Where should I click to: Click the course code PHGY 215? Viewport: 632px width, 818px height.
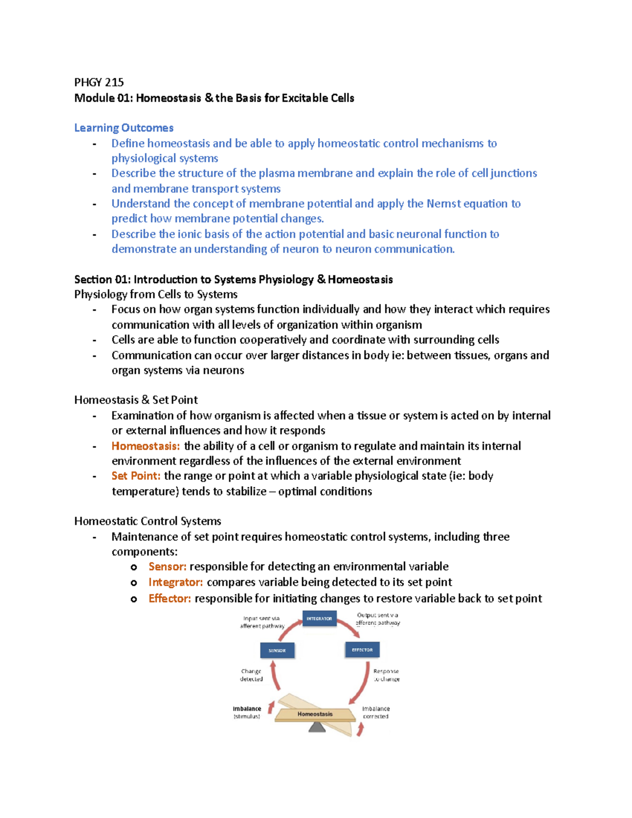(x=99, y=82)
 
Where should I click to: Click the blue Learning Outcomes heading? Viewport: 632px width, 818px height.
(x=124, y=128)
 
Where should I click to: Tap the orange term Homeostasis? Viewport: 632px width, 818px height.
(x=145, y=446)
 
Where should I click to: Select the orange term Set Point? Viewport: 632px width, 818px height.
(x=136, y=476)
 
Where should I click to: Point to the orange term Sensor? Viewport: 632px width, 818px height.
(x=167, y=567)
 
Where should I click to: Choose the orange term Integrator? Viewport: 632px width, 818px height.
(x=175, y=583)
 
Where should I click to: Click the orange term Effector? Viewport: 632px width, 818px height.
(x=170, y=599)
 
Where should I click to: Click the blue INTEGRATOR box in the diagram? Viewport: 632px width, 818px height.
(x=319, y=619)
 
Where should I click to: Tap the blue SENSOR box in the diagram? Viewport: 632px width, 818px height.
(x=277, y=651)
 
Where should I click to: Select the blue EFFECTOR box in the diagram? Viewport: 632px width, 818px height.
(x=362, y=650)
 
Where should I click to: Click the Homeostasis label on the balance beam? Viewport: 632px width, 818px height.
(x=315, y=714)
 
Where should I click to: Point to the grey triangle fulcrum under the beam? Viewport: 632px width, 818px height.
(x=317, y=727)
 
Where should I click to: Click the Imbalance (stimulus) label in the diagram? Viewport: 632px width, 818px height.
(x=246, y=713)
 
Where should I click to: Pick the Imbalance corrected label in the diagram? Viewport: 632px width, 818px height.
(x=376, y=713)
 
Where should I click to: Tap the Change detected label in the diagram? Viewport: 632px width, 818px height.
(x=251, y=675)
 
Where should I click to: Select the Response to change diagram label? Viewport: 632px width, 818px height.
(x=386, y=675)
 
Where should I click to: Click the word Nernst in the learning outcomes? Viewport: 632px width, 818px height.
(x=443, y=204)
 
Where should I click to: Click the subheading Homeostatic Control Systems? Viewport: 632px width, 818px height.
(x=147, y=521)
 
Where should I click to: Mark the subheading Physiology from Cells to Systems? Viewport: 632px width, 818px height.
(x=156, y=294)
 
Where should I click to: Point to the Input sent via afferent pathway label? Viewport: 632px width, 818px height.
(x=262, y=622)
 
